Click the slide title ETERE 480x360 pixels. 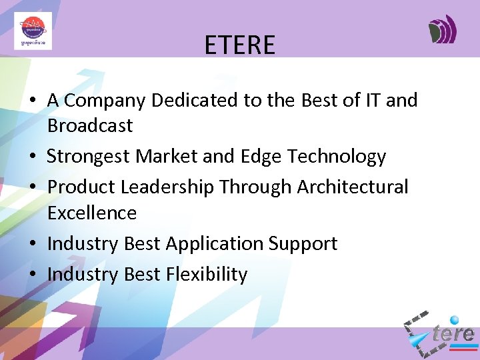[x=239, y=45]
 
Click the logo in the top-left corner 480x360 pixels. [x=33, y=31]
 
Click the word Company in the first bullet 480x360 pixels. [x=103, y=101]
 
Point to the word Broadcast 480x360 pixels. [x=90, y=125]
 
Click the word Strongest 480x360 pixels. [x=89, y=157]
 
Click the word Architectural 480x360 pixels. [x=353, y=187]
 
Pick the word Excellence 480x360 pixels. [x=92, y=213]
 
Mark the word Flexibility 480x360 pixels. [x=206, y=274]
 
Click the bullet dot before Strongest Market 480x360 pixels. [x=32, y=157]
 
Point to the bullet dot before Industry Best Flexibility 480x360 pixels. [x=32, y=275]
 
